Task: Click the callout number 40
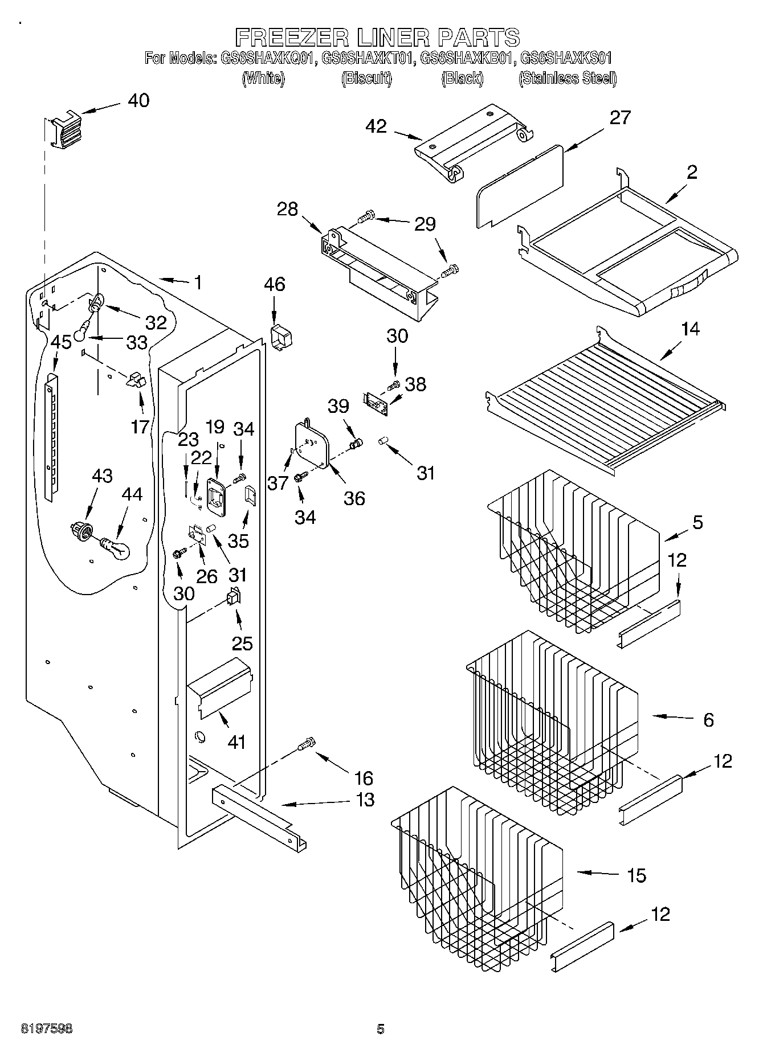pos(138,101)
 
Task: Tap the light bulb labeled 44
pos(116,548)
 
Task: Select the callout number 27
pos(620,117)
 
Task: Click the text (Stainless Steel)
pos(568,78)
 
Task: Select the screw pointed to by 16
pos(306,744)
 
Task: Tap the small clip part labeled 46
pos(280,337)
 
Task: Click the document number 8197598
pos(46,1029)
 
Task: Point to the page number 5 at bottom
pos(381,1029)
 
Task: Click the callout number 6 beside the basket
pos(708,720)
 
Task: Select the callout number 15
pos(636,875)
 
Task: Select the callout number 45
pos(60,342)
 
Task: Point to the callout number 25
pos(242,644)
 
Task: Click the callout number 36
pos(354,498)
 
